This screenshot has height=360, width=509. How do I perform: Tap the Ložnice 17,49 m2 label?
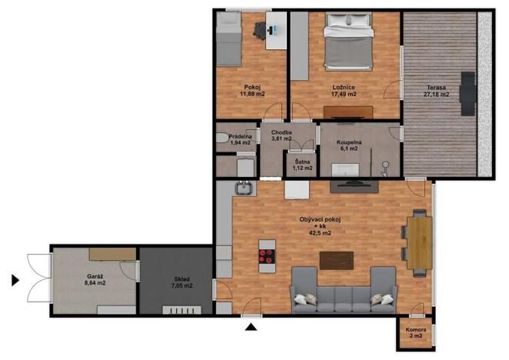click(x=343, y=91)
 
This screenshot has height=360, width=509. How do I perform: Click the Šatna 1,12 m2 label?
click(x=302, y=165)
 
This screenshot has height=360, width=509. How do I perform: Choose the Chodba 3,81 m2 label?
click(x=281, y=135)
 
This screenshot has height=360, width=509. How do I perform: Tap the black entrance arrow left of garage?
click(x=15, y=280)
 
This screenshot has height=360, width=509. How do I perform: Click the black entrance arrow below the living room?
click(x=250, y=328)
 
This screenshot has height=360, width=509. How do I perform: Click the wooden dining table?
click(x=419, y=241)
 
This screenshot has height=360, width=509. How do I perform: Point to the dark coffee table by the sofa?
click(x=336, y=261)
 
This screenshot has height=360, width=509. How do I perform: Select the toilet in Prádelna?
click(x=222, y=139)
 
